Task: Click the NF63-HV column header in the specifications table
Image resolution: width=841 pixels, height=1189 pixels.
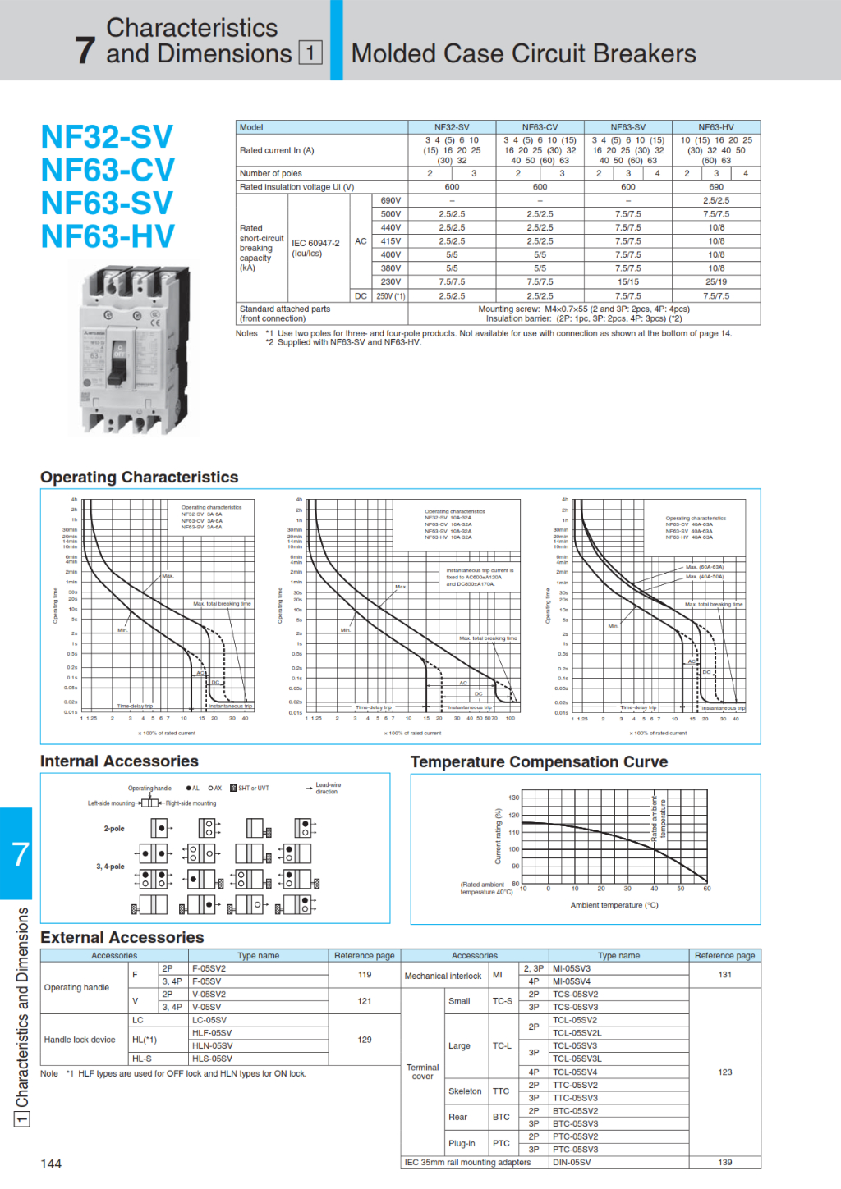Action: (x=715, y=127)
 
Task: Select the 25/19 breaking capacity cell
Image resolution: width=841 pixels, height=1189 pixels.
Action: (x=715, y=281)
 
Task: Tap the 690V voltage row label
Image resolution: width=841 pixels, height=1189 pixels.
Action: (x=391, y=200)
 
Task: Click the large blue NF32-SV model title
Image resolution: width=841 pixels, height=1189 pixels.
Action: (x=107, y=137)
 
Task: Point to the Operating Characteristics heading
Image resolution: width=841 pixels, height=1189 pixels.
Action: (x=139, y=478)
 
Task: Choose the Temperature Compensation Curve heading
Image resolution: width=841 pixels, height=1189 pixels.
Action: (x=539, y=762)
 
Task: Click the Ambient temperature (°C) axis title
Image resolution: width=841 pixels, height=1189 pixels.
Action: (x=614, y=905)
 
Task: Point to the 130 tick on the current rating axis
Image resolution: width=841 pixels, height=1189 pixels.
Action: (x=513, y=798)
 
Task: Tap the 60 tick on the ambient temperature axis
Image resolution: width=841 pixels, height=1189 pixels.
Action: (x=706, y=889)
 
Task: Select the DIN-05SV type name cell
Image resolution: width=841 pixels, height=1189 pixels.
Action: (x=572, y=1162)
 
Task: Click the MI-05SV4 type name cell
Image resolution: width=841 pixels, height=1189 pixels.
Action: (x=572, y=981)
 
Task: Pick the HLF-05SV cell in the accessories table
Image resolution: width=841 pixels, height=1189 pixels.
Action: (x=212, y=1033)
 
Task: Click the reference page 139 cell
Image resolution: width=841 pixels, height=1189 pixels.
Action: (x=724, y=1162)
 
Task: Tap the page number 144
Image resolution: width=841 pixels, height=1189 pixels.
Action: (x=51, y=1164)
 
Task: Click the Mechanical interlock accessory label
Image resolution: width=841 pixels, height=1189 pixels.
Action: (x=443, y=976)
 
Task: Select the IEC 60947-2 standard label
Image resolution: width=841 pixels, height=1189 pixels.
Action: (x=315, y=243)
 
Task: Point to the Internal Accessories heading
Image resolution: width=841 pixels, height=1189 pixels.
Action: (x=119, y=761)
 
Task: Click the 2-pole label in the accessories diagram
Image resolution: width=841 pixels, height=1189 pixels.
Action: (x=114, y=829)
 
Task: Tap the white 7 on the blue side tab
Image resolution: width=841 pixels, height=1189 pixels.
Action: (x=20, y=854)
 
